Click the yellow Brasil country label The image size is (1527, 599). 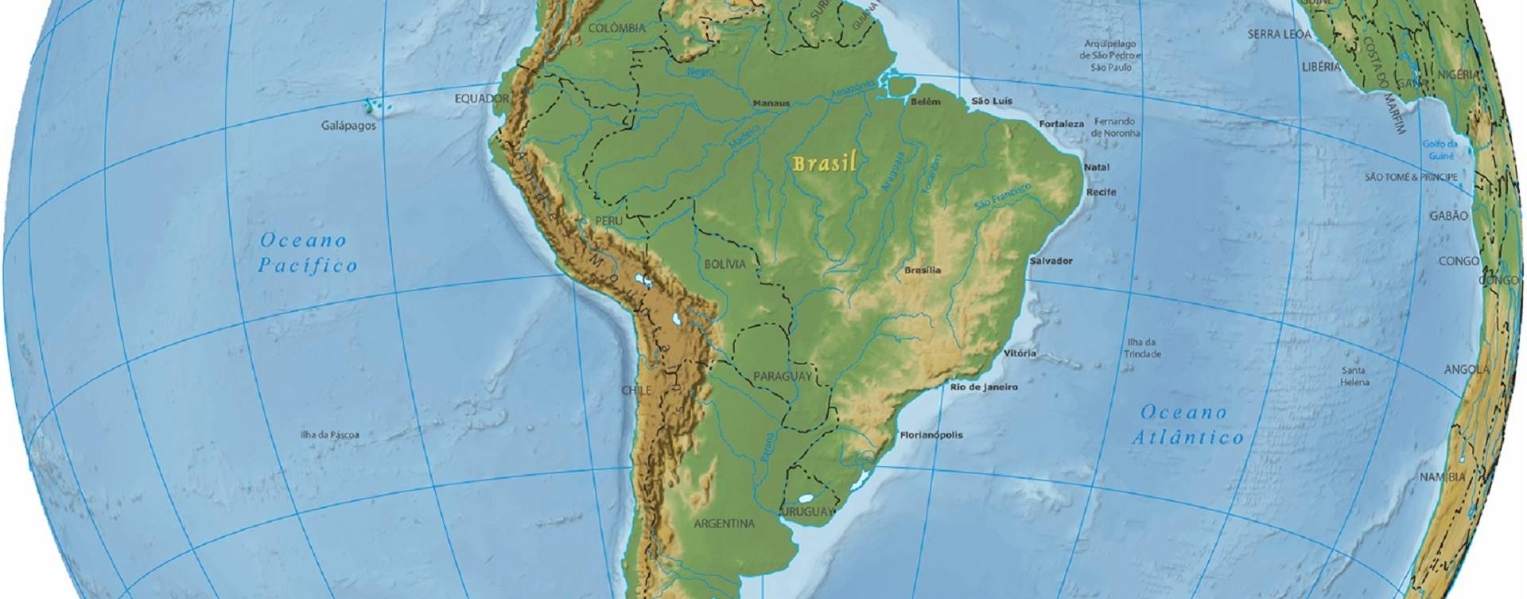click(x=825, y=164)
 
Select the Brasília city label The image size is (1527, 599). click(x=923, y=270)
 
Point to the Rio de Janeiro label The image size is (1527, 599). click(x=984, y=387)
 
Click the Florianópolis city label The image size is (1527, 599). click(x=931, y=435)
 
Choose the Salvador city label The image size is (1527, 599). click(x=1051, y=261)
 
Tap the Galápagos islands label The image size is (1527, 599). click(x=348, y=126)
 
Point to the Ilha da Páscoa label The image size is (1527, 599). click(x=329, y=435)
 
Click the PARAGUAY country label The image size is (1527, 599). click(x=782, y=376)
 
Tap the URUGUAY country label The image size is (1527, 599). click(x=809, y=511)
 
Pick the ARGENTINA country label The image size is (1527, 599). click(x=724, y=524)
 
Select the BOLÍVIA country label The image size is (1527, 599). click(x=725, y=263)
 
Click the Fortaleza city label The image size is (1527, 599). click(x=1062, y=124)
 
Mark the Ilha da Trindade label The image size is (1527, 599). click(x=1144, y=348)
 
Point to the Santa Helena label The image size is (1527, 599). click(x=1354, y=376)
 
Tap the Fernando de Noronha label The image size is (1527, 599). click(x=1117, y=127)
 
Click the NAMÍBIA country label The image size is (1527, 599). click(x=1443, y=477)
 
